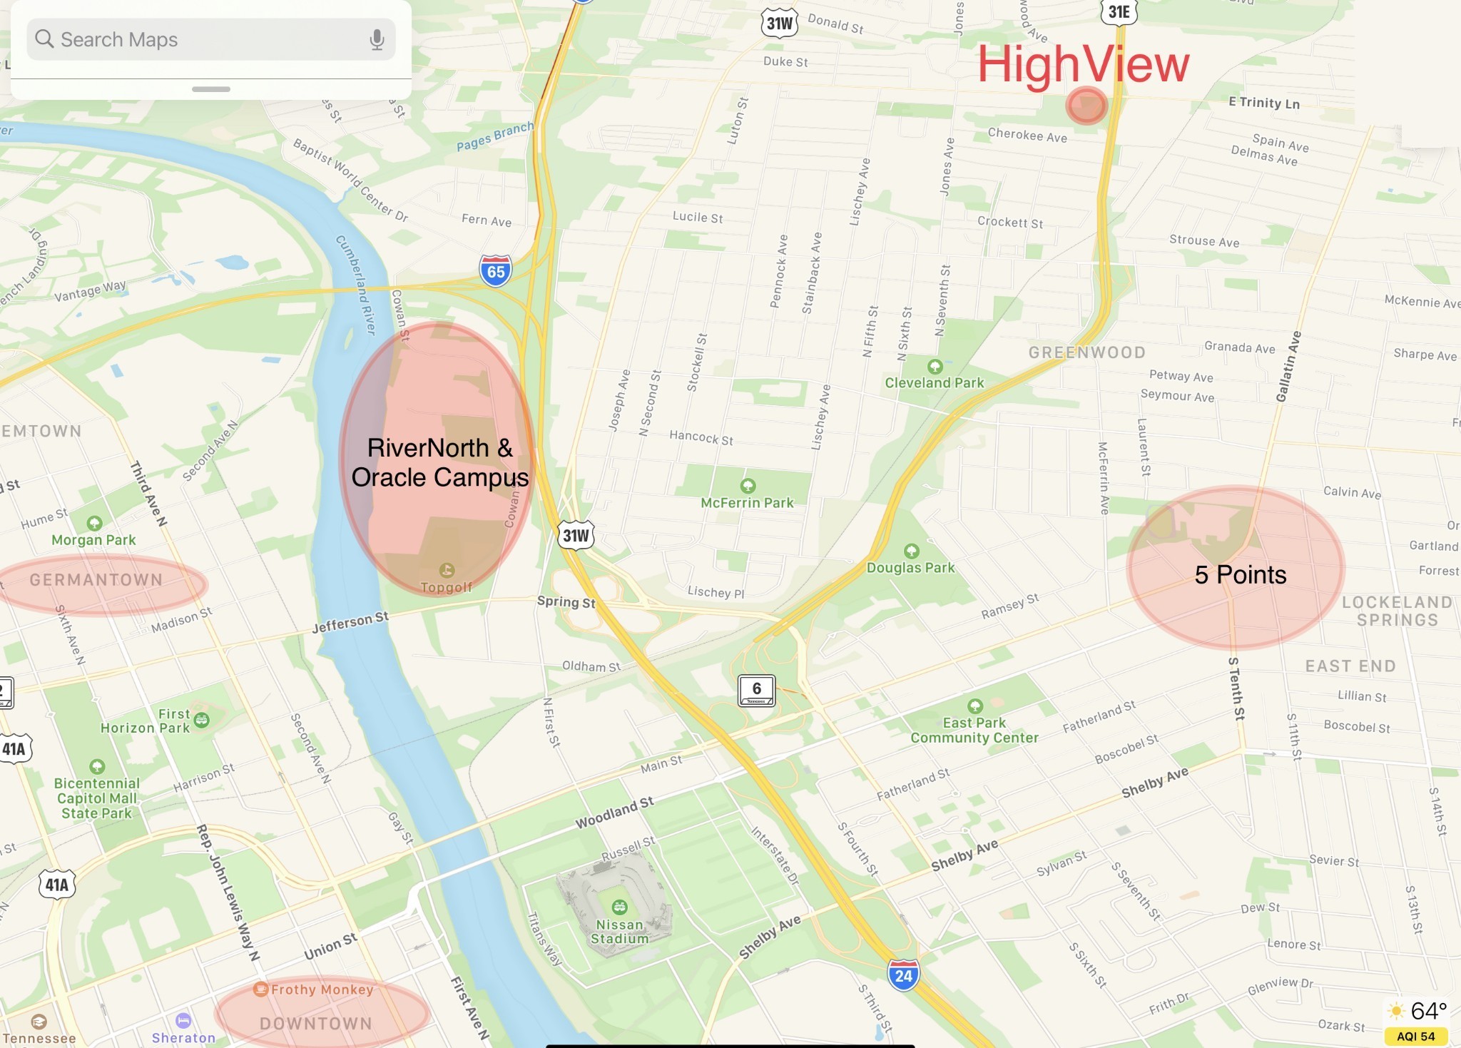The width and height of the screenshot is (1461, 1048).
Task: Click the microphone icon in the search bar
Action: pos(377,40)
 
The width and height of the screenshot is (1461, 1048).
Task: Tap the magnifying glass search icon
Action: pos(44,39)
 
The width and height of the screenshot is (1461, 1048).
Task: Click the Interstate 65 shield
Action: pos(496,271)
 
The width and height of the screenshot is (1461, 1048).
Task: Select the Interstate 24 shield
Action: pos(903,975)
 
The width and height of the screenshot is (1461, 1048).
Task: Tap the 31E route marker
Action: pos(1119,11)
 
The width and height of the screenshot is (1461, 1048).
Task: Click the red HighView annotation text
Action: pos(1083,65)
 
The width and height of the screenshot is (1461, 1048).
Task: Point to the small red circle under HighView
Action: pos(1086,106)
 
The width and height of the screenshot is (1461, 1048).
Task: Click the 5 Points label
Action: pos(1240,575)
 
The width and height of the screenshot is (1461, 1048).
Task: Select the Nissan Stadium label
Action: pos(619,932)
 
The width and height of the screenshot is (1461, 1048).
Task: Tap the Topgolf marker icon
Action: pos(447,570)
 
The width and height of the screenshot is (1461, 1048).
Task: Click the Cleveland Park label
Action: pos(935,383)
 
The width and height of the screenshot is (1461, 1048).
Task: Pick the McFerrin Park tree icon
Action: pos(748,486)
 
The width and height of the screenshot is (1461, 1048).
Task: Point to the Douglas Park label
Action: pos(910,568)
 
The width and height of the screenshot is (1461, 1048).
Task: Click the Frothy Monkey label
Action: pos(322,990)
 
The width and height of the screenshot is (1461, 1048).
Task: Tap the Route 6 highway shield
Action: pos(756,690)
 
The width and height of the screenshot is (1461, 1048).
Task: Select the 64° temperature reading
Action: pos(1428,1011)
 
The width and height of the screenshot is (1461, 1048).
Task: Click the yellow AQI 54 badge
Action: pos(1415,1036)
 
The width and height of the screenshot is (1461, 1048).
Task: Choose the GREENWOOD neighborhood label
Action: pos(1086,352)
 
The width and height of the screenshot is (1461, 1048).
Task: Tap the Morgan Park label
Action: pos(93,540)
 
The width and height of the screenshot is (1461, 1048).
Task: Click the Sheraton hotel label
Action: pos(183,1038)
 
